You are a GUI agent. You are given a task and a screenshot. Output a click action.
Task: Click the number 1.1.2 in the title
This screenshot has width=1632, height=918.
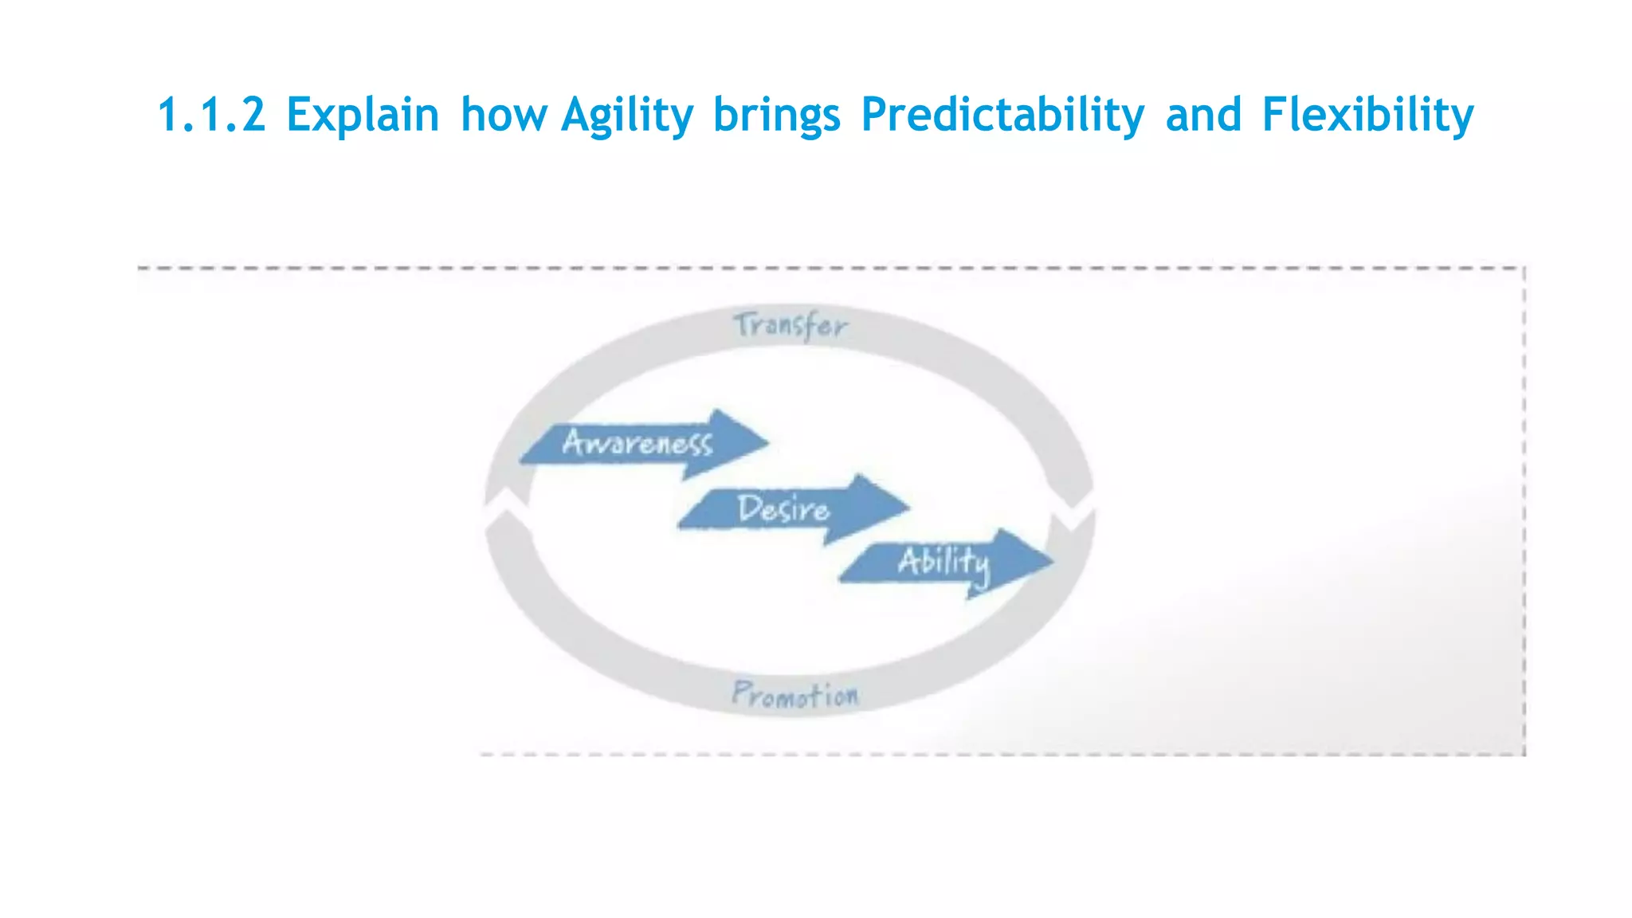click(212, 114)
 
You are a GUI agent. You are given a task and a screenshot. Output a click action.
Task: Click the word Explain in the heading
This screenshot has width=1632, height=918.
click(363, 114)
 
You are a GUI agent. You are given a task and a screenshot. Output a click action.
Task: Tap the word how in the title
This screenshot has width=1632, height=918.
click(504, 114)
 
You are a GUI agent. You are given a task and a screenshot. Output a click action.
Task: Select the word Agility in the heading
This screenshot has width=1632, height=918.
click(627, 116)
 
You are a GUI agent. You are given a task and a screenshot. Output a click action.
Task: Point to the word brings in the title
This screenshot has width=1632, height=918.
click(777, 116)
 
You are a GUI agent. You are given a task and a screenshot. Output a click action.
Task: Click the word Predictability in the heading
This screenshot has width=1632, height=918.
click(1002, 116)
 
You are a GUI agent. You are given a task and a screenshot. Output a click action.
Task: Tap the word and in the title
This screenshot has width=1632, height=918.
click(1203, 114)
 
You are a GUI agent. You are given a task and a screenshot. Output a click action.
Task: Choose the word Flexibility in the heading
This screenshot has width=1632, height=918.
click(1367, 116)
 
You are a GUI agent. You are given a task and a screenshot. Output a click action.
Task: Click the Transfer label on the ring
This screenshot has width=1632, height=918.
click(790, 326)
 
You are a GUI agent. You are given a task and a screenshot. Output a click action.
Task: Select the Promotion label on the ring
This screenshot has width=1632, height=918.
click(795, 695)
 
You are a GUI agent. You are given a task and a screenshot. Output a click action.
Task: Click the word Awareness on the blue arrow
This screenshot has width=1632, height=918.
click(637, 442)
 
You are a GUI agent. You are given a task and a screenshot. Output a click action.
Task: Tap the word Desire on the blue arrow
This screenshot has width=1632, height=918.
click(783, 509)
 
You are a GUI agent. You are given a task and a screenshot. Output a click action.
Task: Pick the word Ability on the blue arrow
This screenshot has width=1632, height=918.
click(944, 563)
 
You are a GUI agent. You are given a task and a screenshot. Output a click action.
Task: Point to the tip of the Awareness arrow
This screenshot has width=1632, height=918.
click(767, 441)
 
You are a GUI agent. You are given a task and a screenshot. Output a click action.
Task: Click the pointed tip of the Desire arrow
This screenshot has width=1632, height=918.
click(908, 507)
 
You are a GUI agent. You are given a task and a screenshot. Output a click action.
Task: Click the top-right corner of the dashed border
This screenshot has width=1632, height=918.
click(1524, 269)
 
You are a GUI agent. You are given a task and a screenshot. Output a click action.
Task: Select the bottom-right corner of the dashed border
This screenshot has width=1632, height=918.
click(1524, 753)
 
